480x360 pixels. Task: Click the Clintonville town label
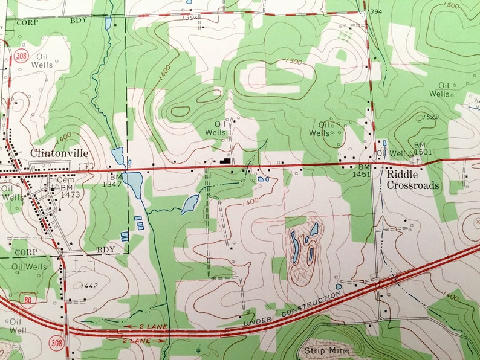[59, 153]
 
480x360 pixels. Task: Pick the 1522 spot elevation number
[431, 117]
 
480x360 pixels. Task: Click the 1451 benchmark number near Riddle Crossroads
[364, 174]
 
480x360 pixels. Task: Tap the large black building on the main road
[225, 161]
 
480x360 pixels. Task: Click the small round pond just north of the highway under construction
[339, 286]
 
